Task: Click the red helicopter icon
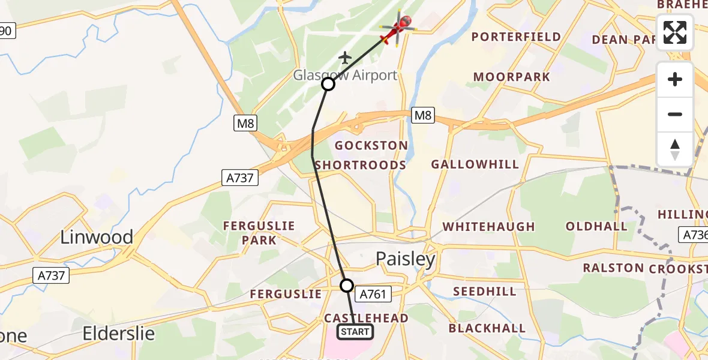pos(398,28)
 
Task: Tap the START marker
pos(355,331)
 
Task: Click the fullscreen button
pos(675,32)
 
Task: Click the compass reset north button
pos(675,149)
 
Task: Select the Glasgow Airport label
pos(345,76)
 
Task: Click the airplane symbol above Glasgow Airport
pos(344,58)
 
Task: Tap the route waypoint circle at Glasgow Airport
pos(328,84)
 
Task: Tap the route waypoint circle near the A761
pos(347,285)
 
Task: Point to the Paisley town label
pos(406,259)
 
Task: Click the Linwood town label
pos(97,237)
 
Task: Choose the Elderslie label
pos(119,333)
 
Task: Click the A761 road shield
pos(374,293)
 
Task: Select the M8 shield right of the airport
pos(423,115)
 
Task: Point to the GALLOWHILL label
pos(475,164)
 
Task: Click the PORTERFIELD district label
pos(516,37)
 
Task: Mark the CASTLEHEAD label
pos(366,317)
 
